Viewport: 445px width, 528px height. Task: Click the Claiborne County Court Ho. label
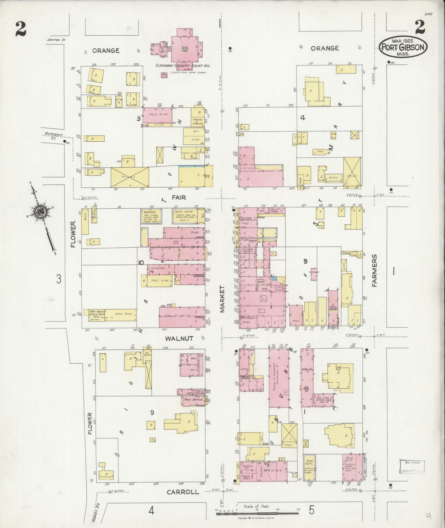coord(183,66)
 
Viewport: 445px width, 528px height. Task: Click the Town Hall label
coord(245,477)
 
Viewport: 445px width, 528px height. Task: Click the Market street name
coord(222,299)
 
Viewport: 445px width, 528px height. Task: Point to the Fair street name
coord(179,197)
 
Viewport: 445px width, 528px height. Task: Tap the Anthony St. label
coord(54,136)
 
